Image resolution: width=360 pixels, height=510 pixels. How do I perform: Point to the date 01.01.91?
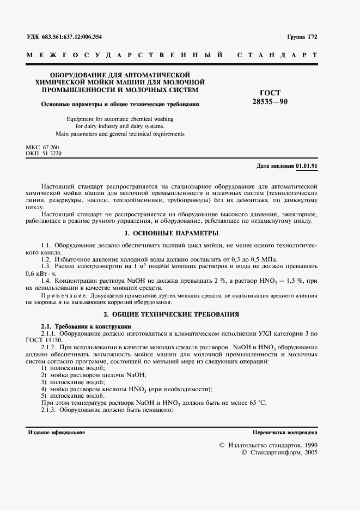(x=308, y=166)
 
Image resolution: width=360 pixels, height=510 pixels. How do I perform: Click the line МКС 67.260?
(x=42, y=148)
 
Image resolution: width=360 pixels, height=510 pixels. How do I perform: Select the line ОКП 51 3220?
(x=44, y=154)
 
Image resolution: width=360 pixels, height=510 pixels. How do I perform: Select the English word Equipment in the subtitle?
(x=80, y=118)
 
